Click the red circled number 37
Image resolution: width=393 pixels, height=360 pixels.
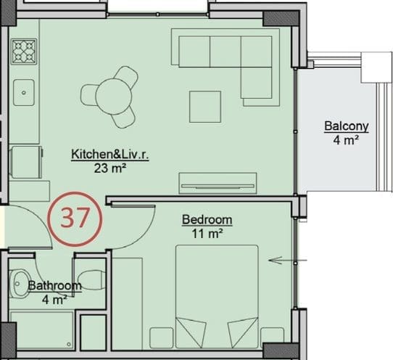(75, 218)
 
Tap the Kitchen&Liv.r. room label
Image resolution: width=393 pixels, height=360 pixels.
(110, 154)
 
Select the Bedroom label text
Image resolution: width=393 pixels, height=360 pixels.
(207, 220)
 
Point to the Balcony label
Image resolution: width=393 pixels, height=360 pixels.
(347, 126)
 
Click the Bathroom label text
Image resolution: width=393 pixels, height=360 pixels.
(54, 285)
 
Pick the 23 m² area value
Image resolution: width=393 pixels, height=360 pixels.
(109, 168)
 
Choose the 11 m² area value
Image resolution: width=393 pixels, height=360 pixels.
(207, 234)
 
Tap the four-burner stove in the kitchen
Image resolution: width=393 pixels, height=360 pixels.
(24, 52)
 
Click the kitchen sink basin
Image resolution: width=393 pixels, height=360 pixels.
(24, 93)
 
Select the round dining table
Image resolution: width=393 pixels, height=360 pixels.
(114, 97)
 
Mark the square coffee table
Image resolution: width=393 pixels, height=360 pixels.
(205, 107)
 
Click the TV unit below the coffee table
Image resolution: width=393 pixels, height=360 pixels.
(218, 183)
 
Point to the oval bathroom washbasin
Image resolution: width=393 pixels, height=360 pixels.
(20, 284)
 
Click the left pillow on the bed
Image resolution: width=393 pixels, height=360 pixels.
(191, 332)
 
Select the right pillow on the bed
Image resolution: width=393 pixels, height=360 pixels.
(243, 332)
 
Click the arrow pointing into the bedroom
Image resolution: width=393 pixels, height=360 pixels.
(288, 261)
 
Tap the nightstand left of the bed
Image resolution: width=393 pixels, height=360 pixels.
(162, 337)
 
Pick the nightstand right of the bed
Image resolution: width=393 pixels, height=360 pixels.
(272, 337)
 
